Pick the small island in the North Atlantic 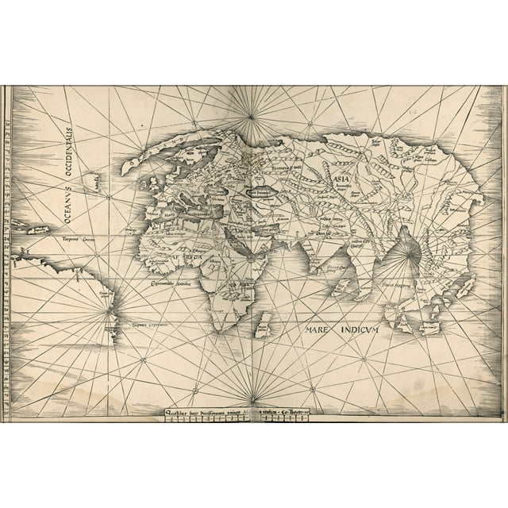tap(92, 182)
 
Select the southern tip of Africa tap(217, 326)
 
